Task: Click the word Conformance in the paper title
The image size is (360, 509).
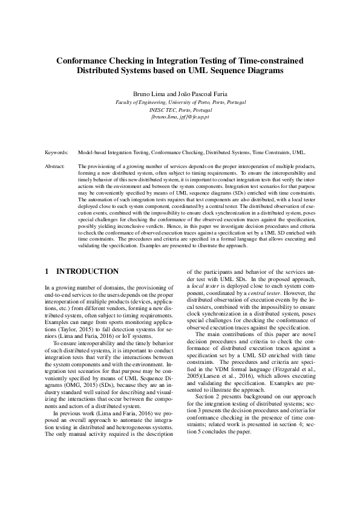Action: tap(88, 60)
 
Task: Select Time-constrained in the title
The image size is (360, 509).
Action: tap(268, 60)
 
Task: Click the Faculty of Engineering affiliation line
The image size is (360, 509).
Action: tap(180, 103)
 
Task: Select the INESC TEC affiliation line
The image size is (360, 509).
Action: tap(180, 111)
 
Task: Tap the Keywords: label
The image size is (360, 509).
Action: tap(57, 154)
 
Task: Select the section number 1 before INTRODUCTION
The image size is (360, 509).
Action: tap(48, 271)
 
